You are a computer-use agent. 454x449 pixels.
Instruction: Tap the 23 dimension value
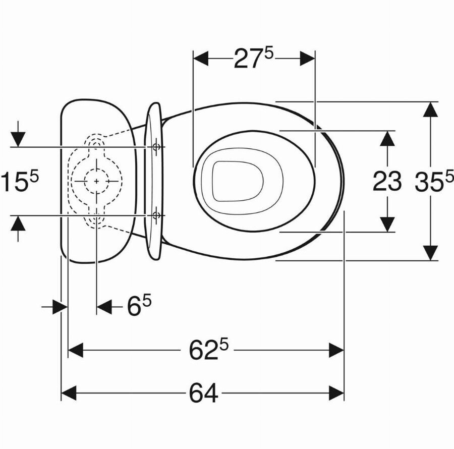[387, 182]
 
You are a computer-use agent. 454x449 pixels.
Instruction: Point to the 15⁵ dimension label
[20, 181]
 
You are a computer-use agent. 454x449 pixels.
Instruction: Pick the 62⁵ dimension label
[208, 350]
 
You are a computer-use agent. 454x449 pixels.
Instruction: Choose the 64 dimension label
[204, 393]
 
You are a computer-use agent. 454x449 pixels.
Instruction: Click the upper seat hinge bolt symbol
[156, 147]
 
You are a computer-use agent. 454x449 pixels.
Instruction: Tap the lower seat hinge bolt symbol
[156, 215]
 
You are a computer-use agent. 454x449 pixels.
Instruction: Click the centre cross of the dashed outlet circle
[96, 181]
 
